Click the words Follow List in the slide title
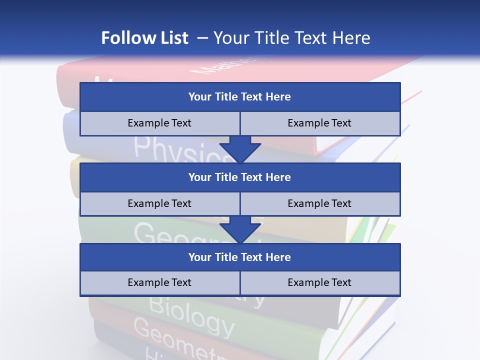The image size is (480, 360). tap(145, 38)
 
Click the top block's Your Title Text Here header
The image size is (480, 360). tap(239, 97)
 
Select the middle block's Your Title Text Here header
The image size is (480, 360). tap(239, 177)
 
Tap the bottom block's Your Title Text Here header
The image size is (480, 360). tap(239, 257)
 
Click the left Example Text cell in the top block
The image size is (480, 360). tap(159, 123)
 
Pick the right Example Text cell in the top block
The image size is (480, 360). tap(319, 123)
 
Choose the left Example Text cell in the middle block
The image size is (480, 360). tap(159, 203)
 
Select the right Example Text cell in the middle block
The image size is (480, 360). tap(319, 203)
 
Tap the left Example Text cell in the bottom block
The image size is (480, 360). tap(159, 282)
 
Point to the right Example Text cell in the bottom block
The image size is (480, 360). tap(319, 282)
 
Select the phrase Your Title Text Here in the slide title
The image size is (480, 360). tap(292, 38)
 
